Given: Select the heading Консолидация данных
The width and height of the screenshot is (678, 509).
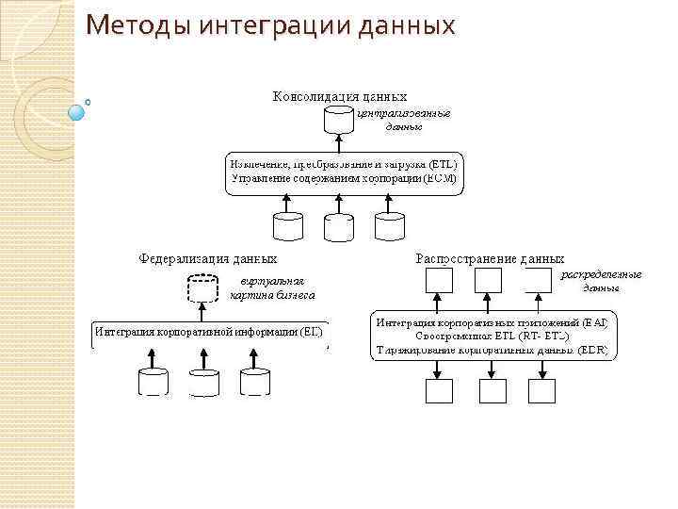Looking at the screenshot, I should (x=340, y=96).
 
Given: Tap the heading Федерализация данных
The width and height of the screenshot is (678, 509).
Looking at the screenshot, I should (x=208, y=256).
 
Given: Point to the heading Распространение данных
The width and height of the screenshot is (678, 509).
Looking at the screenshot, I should (x=490, y=257).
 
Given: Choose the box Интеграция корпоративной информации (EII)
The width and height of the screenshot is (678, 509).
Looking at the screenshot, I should (x=209, y=332).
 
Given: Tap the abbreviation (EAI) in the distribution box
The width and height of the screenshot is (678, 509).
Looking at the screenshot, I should (x=595, y=322).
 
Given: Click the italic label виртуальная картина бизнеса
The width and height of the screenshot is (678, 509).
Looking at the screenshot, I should (x=272, y=287).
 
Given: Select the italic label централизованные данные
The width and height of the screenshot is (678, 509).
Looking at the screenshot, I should (x=403, y=120).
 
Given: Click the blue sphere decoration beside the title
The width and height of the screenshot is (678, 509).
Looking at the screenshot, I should (x=77, y=112).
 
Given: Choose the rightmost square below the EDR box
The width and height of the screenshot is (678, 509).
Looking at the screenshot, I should (x=541, y=391).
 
